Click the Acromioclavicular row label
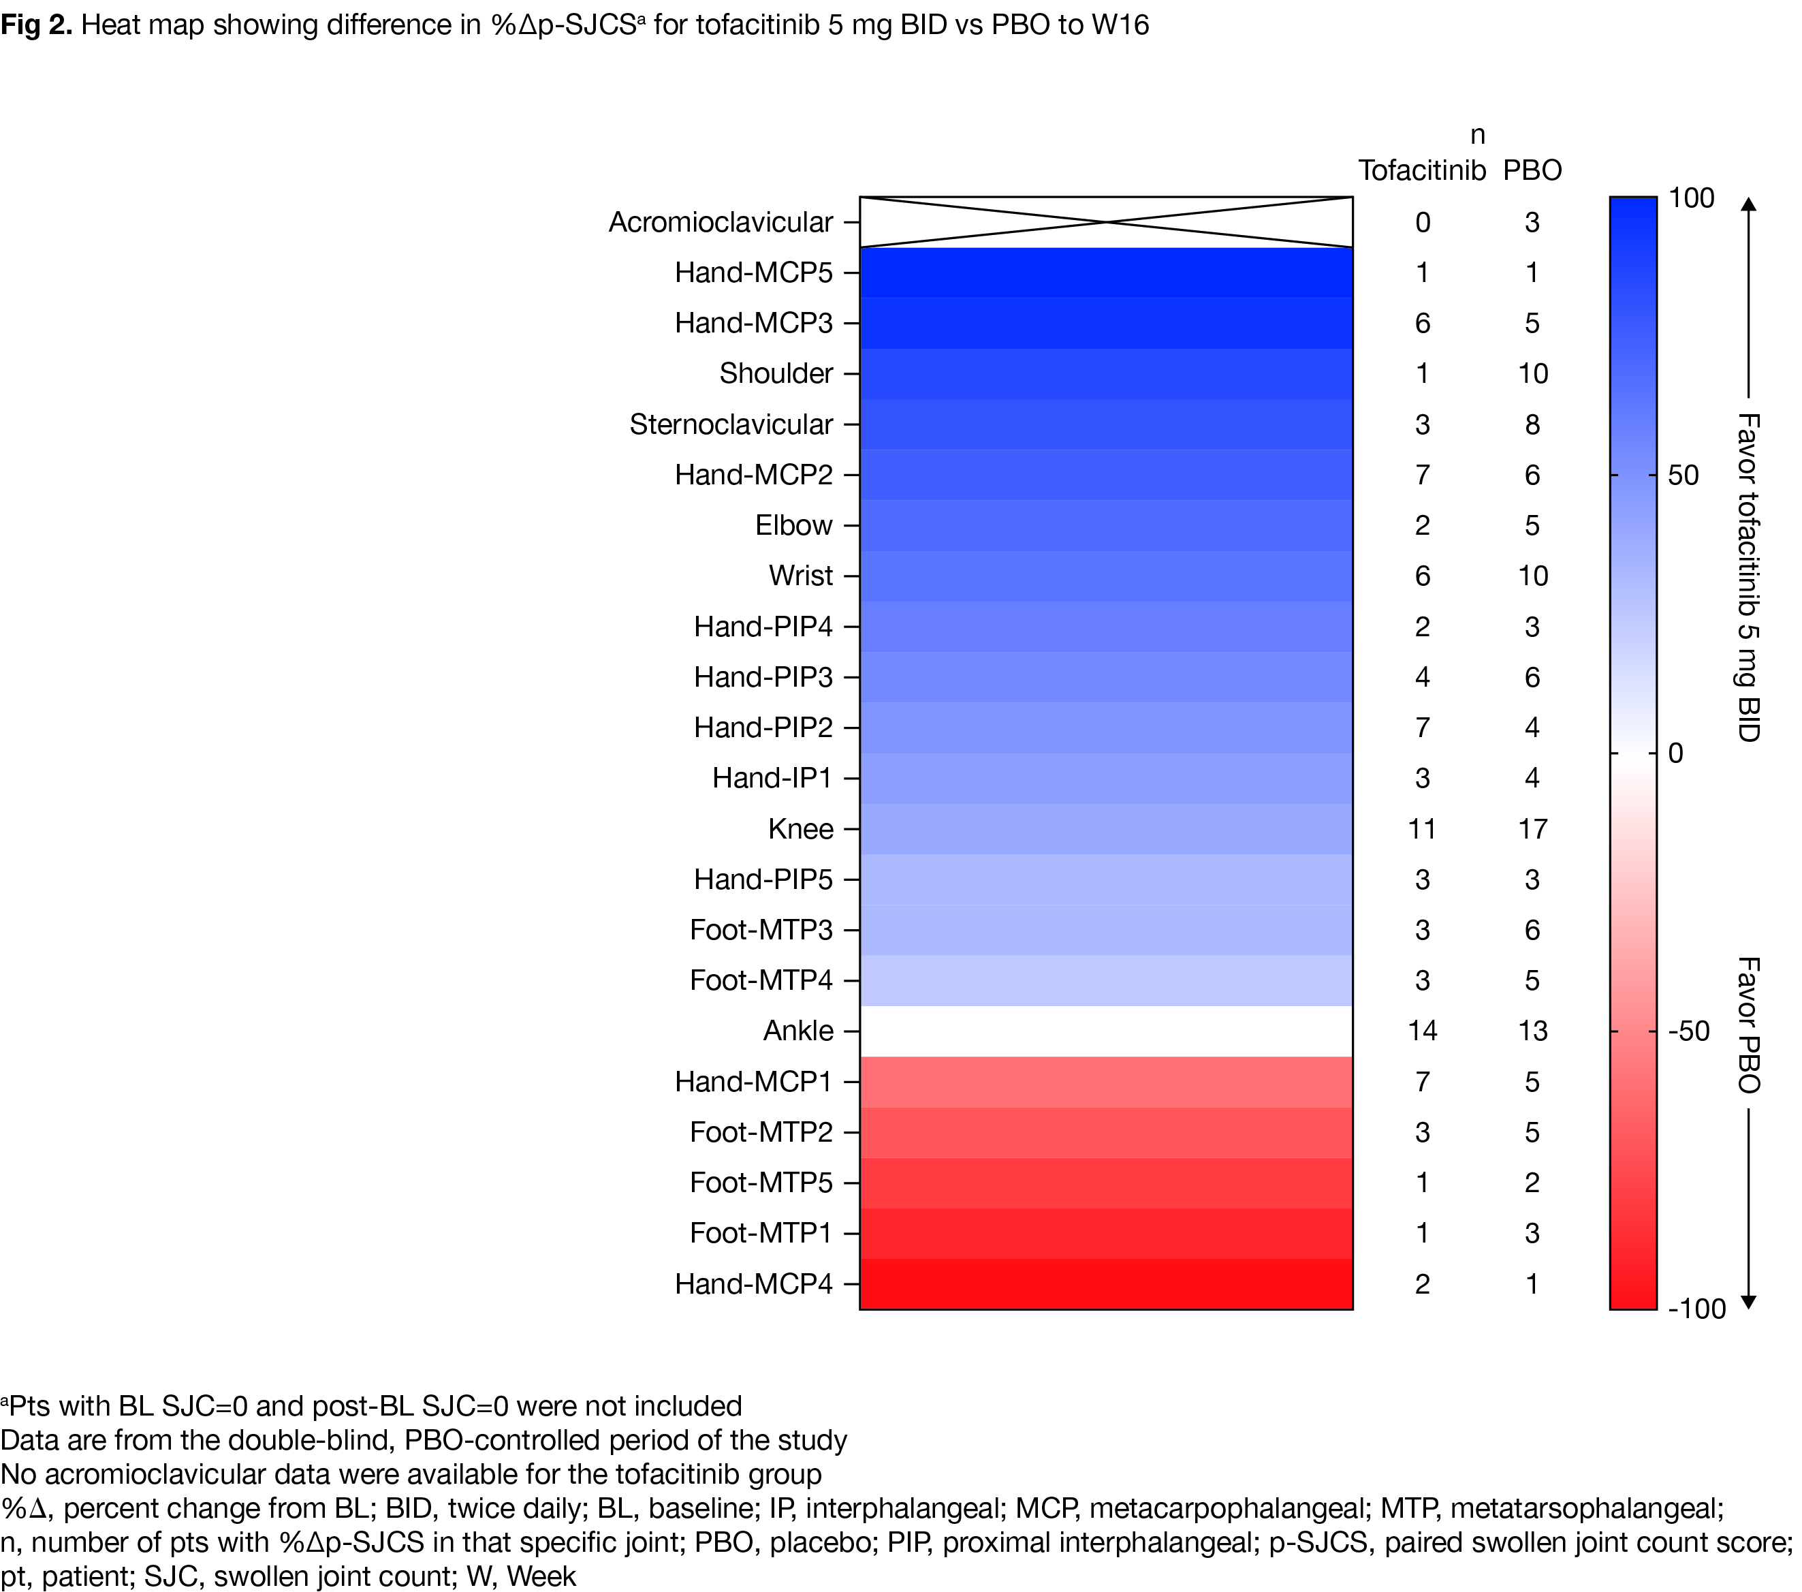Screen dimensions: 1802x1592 [x=721, y=222]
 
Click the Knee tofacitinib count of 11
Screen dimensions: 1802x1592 [x=1422, y=829]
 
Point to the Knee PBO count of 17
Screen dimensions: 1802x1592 [x=1532, y=829]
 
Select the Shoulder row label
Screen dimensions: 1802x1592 [x=776, y=374]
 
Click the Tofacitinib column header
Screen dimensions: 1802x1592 [x=1422, y=170]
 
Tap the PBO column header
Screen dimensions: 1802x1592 [x=1532, y=170]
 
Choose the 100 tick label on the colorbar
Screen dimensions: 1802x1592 [x=1691, y=198]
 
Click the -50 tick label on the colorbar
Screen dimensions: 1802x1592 [x=1689, y=1031]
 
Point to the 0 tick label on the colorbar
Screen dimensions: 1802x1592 [x=1676, y=753]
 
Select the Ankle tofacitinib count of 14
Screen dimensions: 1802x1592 [x=1422, y=1031]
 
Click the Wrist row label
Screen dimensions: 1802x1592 [x=800, y=576]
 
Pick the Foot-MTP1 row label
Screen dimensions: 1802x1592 [x=761, y=1233]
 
